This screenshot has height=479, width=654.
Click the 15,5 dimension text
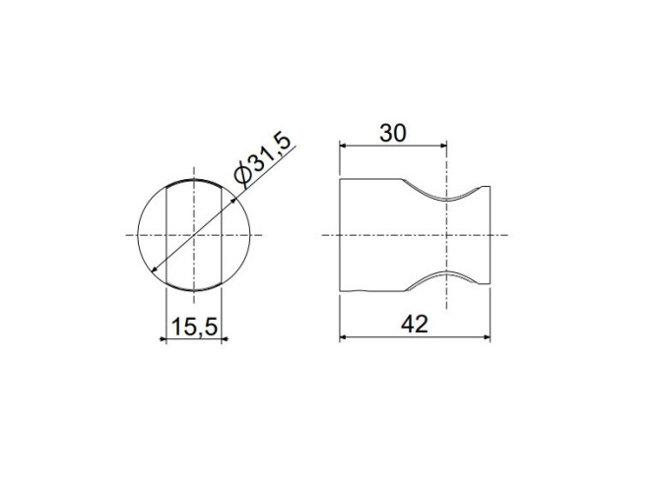194,327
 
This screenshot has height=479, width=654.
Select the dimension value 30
392,134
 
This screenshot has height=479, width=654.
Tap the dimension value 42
415,324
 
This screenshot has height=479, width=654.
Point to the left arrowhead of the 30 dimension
344,145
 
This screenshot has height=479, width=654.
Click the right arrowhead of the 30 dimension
443,145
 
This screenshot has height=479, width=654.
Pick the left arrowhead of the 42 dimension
344,337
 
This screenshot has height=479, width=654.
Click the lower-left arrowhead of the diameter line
155,269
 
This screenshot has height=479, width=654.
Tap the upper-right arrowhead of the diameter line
233,202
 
